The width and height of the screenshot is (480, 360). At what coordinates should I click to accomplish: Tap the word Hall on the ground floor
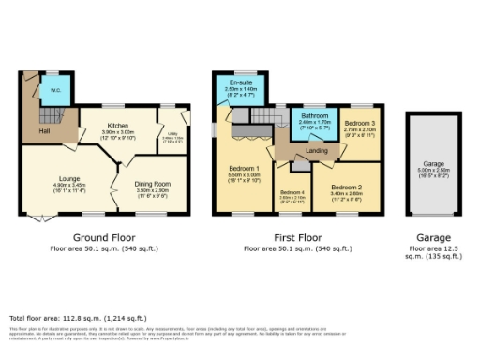click(x=44, y=132)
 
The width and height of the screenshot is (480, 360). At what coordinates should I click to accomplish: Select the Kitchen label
click(x=117, y=126)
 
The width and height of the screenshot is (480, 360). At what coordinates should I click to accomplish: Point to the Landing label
click(x=317, y=150)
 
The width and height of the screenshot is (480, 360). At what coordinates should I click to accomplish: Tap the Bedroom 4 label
click(x=293, y=191)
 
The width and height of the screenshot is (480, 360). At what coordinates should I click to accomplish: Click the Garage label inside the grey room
click(x=432, y=162)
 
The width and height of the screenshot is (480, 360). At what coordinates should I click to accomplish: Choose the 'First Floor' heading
click(x=297, y=239)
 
